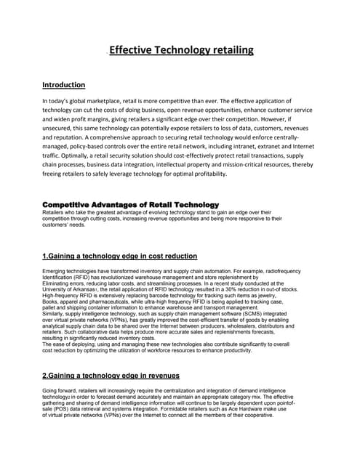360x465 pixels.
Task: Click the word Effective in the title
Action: pyautogui.click(x=134, y=50)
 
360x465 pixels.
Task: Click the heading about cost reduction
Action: pyautogui.click(x=119, y=256)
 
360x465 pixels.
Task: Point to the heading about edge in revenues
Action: pyautogui.click(x=111, y=375)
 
